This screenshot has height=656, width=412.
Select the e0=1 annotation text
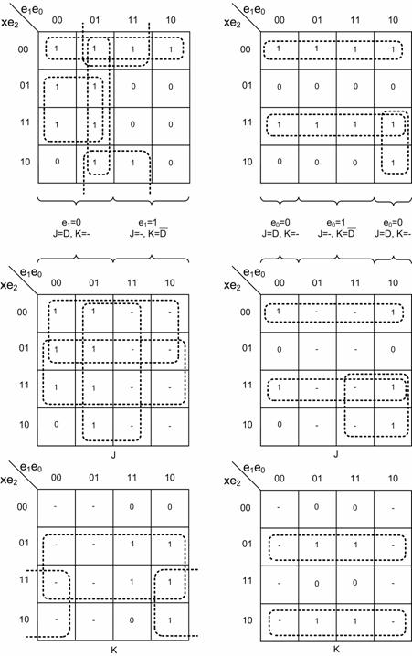[336, 223]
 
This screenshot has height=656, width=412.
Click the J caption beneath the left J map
[113, 454]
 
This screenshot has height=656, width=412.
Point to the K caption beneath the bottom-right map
[336, 650]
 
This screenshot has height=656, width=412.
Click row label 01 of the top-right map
[248, 85]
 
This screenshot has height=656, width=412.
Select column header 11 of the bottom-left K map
[132, 477]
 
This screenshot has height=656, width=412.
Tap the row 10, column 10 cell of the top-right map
[392, 163]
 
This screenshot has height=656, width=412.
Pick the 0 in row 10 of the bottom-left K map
[132, 620]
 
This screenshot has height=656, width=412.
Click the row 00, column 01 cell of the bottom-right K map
[317, 507]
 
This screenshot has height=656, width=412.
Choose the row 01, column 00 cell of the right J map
[279, 349]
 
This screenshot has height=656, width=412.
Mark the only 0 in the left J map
[57, 425]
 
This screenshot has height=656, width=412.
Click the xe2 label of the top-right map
[233, 23]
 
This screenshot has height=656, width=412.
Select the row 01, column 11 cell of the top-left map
[133, 87]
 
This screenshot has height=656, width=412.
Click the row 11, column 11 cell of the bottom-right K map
[354, 583]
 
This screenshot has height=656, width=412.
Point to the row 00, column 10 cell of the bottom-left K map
[169, 507]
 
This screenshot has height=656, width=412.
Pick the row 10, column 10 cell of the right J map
[392, 426]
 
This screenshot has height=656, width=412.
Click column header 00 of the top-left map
[58, 20]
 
